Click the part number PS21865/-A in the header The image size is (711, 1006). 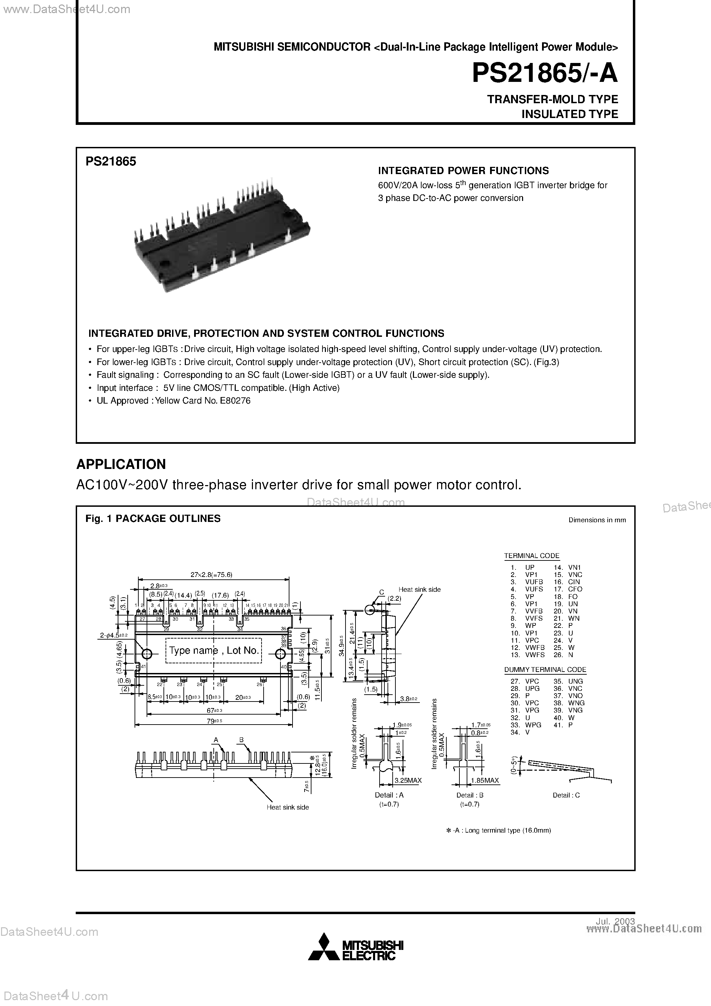coord(544,74)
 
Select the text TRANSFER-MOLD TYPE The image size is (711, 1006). coord(552,99)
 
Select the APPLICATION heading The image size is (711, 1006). coord(121,464)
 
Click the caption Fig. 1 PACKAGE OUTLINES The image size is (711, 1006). coord(153,518)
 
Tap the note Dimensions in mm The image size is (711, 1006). coord(597,520)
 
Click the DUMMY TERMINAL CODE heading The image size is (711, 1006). coord(545,670)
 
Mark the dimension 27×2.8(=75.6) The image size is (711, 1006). coord(211,575)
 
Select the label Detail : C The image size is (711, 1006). coord(566,795)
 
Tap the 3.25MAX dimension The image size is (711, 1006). coord(408,780)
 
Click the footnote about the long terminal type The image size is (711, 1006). coord(498,830)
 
